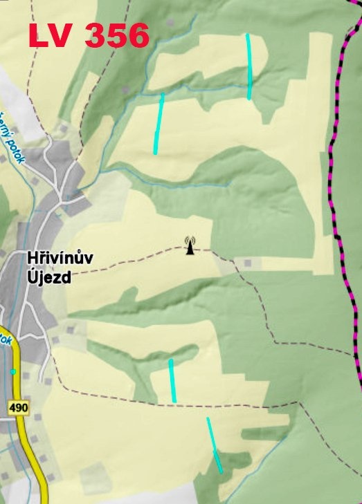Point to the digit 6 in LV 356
(x=137, y=36)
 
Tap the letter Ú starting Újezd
(x=33, y=277)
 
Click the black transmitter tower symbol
(x=190, y=245)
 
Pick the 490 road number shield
(x=19, y=408)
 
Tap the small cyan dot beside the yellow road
(x=13, y=372)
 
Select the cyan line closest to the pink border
(x=249, y=66)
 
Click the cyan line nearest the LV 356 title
(x=159, y=123)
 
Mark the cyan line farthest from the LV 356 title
(x=215, y=446)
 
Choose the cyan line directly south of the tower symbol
(x=172, y=380)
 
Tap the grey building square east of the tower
(x=247, y=263)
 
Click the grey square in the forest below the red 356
(x=125, y=89)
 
